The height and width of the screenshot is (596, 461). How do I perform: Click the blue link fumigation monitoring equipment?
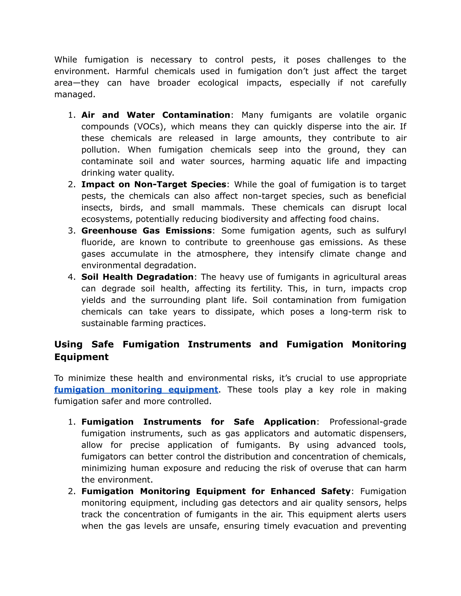[136, 390]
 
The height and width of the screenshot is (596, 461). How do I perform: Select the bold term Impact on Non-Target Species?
[154, 184]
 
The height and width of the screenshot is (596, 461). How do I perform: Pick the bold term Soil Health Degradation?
[137, 277]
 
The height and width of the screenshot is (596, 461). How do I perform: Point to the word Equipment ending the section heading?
[81, 357]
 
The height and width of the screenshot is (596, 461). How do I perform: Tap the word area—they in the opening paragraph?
[77, 83]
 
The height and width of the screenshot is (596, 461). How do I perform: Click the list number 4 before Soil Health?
[72, 277]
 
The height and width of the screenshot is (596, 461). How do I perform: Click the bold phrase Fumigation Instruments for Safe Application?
[199, 422]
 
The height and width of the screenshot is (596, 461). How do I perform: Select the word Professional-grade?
[368, 422]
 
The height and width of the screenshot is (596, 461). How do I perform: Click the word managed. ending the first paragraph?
[75, 94]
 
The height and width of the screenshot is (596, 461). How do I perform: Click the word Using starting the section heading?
[68, 344]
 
